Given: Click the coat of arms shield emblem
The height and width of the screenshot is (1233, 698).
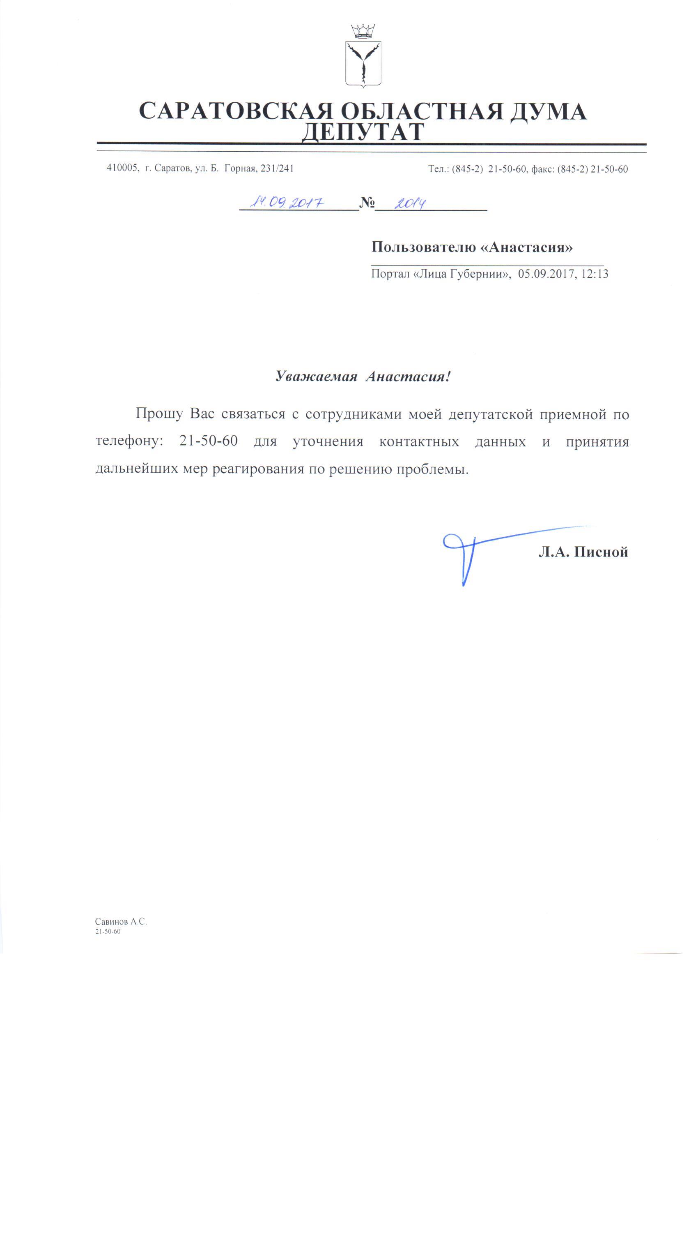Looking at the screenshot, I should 363,63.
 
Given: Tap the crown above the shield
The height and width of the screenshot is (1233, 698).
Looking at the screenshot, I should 363,32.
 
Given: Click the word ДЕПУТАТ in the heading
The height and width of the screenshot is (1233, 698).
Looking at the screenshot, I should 363,132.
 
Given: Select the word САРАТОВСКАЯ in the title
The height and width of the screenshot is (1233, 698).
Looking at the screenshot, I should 235,111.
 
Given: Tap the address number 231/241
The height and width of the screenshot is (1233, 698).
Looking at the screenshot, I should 277,169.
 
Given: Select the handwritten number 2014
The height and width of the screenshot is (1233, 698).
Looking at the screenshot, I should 410,203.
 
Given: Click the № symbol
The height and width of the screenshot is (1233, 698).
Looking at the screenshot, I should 367,203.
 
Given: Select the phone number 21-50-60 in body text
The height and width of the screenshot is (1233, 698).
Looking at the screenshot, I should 208,441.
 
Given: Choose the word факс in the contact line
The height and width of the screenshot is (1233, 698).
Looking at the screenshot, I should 542,169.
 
